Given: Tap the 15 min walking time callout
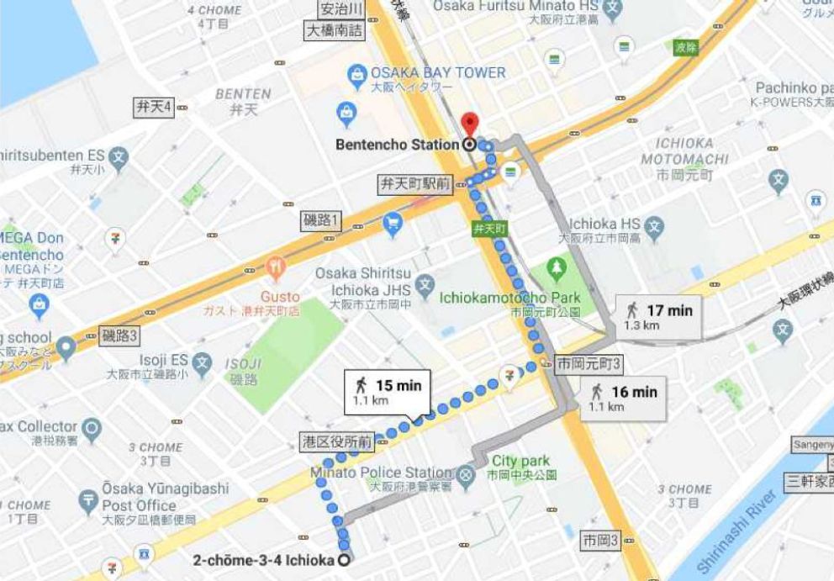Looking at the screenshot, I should click(386, 392).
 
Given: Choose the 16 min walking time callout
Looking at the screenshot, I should click(623, 398).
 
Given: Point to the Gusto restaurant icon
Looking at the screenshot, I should click(275, 270).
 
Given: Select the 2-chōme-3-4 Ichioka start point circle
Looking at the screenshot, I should click(344, 560).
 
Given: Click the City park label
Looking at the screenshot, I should click(521, 461).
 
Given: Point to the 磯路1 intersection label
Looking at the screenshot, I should click(321, 220).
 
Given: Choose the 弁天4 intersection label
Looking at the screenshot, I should click(154, 107).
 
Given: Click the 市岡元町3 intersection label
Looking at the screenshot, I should click(589, 364).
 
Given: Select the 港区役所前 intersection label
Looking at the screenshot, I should click(337, 441).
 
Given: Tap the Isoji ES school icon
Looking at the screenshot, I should click(201, 364).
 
